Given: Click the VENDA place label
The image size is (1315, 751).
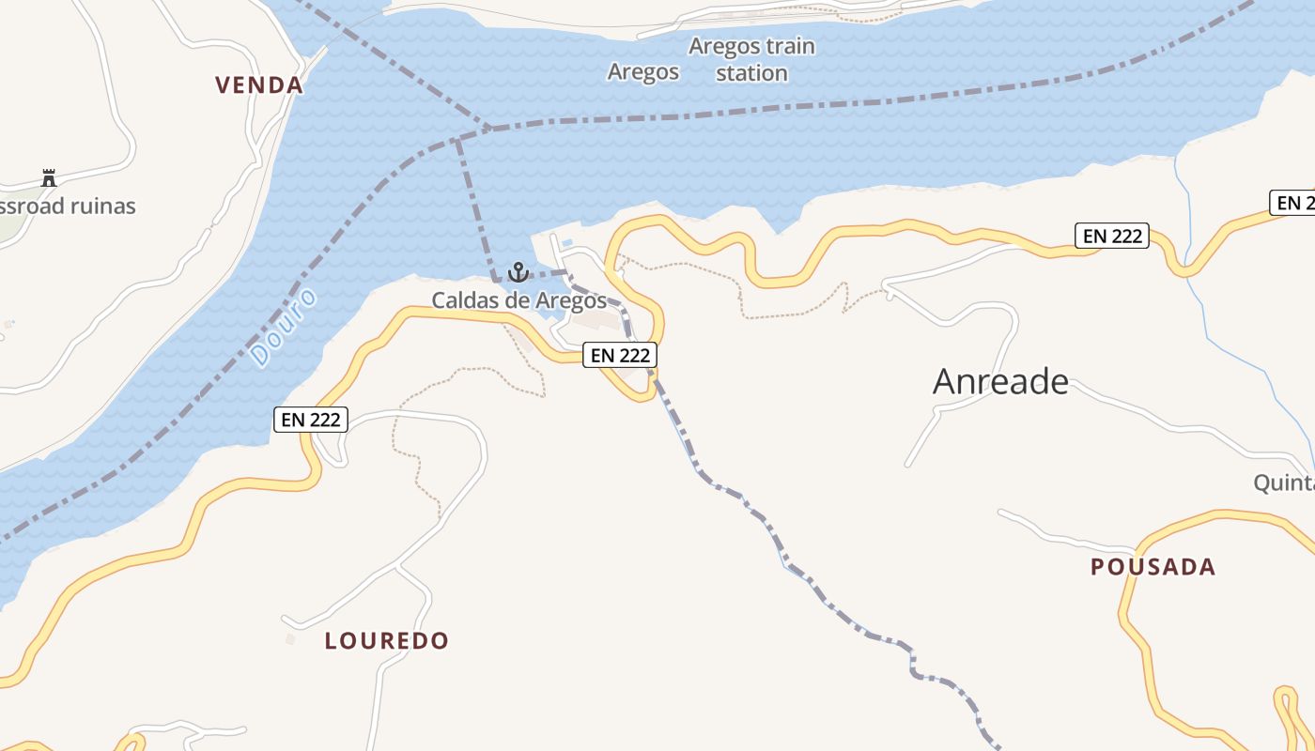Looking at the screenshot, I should pyautogui.click(x=259, y=85).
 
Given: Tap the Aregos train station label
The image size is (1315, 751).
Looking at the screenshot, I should pyautogui.click(x=751, y=59).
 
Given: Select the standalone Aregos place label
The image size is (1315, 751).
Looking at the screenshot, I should pyautogui.click(x=643, y=72).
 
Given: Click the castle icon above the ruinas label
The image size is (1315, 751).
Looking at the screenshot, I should pyautogui.click(x=49, y=177).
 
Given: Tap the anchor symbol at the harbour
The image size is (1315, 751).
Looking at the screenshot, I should pyautogui.click(x=518, y=273).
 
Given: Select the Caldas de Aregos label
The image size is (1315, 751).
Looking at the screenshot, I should pyautogui.click(x=518, y=301).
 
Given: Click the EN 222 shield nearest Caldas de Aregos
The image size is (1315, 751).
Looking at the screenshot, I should pyautogui.click(x=620, y=356).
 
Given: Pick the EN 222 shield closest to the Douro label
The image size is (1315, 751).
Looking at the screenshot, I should pyautogui.click(x=311, y=420).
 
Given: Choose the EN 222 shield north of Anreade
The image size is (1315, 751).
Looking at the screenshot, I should pyautogui.click(x=1112, y=236).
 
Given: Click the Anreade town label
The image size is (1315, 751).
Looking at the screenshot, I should pyautogui.click(x=1000, y=382).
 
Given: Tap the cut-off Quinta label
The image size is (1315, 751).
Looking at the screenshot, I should pyautogui.click(x=1284, y=483).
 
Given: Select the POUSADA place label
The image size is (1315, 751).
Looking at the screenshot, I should pyautogui.click(x=1153, y=567).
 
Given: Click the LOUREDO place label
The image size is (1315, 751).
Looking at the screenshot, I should pyautogui.click(x=387, y=641).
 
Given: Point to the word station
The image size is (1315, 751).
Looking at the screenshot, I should pyautogui.click(x=751, y=73).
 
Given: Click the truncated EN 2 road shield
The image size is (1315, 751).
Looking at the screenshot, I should pyautogui.click(x=1292, y=203).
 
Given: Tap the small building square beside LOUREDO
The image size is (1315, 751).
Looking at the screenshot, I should pyautogui.click(x=290, y=639).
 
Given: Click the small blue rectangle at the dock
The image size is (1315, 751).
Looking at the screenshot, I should pyautogui.click(x=567, y=244).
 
